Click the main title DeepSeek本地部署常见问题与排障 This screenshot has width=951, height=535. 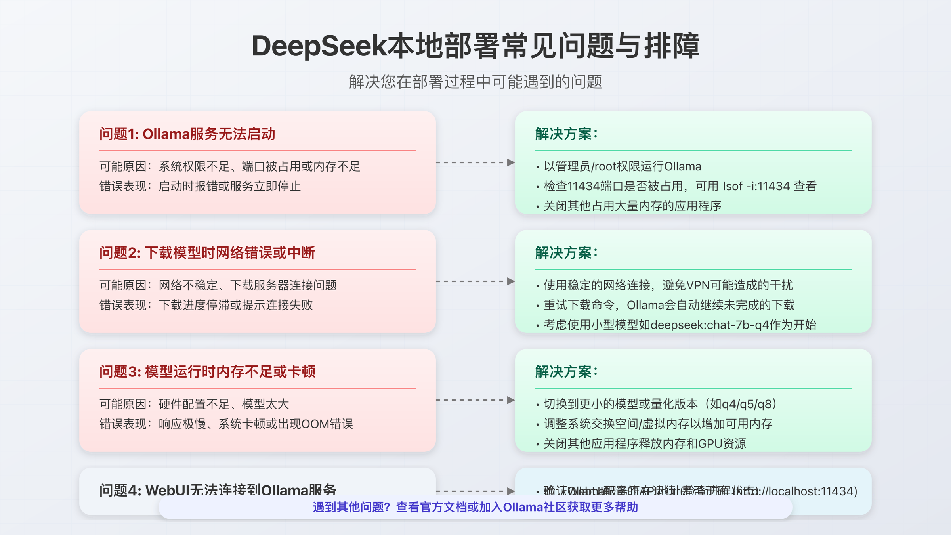(x=475, y=46)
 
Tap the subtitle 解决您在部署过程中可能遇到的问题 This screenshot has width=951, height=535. (x=475, y=82)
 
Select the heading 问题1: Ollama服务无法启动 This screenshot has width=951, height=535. (x=187, y=134)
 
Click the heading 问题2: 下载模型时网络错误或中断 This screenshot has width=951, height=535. (x=207, y=253)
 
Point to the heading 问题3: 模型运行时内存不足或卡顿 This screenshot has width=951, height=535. (x=207, y=372)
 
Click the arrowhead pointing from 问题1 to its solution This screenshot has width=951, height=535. (x=511, y=162)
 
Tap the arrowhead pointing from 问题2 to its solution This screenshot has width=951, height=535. (x=511, y=281)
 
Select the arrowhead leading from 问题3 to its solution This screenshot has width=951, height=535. (x=511, y=400)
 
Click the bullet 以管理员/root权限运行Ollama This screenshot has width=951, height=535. (x=622, y=166)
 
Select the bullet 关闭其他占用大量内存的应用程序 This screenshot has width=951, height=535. (x=632, y=206)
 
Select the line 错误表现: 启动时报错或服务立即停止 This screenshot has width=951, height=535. (x=200, y=186)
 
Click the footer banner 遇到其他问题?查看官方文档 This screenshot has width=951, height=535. (x=475, y=507)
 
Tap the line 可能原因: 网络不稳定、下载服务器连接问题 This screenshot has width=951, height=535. (x=218, y=285)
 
